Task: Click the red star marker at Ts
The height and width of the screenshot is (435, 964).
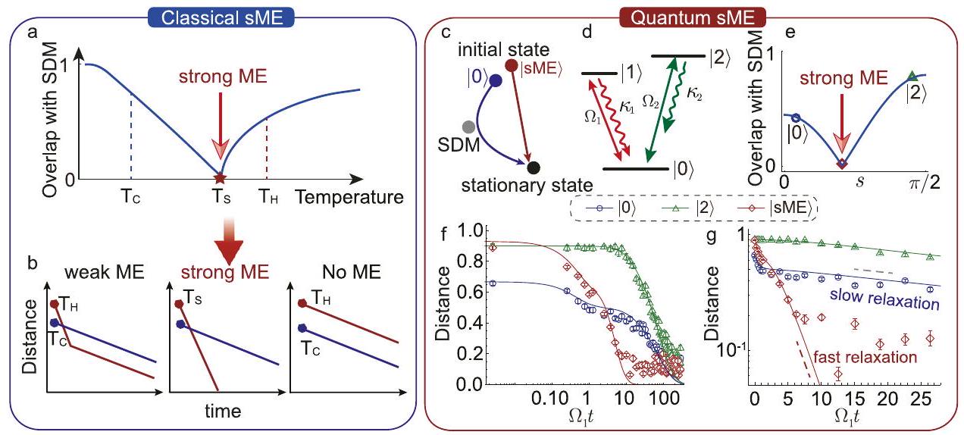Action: (220, 179)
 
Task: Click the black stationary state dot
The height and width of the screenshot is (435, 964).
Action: (534, 167)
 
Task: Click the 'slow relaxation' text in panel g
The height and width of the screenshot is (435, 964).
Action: (891, 302)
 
